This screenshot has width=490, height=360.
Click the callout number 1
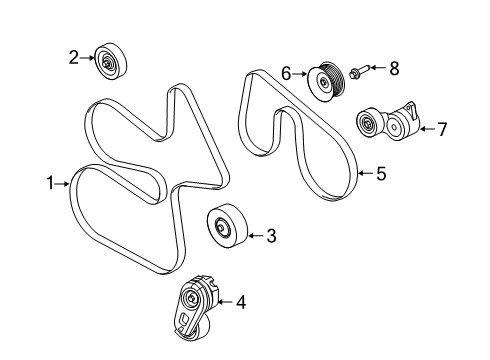tap(47, 183)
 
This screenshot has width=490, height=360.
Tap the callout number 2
tap(73, 59)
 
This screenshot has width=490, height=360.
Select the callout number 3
tap(270, 236)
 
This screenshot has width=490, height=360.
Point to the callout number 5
tap(380, 174)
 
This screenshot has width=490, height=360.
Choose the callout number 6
tap(286, 72)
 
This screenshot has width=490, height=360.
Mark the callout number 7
tap(441, 128)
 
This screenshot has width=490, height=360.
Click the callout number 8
tap(394, 68)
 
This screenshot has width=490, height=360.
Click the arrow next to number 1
tap(62, 183)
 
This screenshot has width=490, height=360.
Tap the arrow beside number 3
tap(253, 236)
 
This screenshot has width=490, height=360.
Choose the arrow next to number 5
tap(365, 174)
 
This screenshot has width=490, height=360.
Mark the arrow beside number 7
tap(425, 128)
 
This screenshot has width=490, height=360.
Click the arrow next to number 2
tap(87, 59)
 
